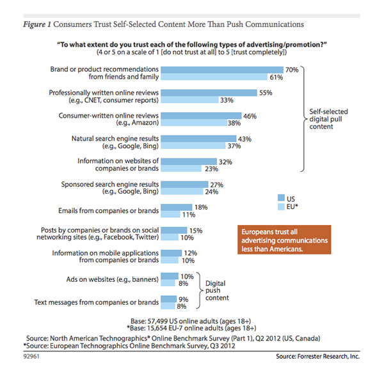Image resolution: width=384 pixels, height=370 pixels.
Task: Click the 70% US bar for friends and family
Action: (222, 70)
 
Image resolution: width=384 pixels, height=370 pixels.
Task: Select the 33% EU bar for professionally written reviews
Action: (189, 100)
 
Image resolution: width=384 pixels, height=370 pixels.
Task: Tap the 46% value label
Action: (250, 116)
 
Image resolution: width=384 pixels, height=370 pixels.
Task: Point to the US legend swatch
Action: (281, 198)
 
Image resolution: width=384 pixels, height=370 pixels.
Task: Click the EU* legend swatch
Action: (281, 206)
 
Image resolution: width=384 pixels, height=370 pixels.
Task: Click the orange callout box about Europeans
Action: (284, 240)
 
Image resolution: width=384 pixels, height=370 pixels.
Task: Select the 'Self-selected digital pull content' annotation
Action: (328, 119)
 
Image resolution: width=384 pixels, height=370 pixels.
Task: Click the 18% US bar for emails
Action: (177, 208)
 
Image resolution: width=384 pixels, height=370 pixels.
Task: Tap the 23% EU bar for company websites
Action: (181, 168)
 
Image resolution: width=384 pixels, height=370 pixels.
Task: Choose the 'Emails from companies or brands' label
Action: (109, 210)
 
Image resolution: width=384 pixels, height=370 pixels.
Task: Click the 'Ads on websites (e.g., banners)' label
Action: (113, 279)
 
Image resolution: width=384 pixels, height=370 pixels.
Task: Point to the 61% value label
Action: (276, 77)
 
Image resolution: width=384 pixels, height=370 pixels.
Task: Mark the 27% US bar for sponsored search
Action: (185, 185)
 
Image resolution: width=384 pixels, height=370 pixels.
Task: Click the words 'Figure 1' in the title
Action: (37, 24)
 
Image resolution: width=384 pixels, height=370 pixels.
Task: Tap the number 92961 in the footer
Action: (31, 357)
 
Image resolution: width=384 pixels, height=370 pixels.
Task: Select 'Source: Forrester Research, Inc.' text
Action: (318, 357)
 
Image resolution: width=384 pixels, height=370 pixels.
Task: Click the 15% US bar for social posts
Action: (174, 230)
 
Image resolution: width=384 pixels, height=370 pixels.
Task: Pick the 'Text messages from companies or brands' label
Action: (97, 302)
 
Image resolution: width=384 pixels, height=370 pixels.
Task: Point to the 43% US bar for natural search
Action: (198, 139)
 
